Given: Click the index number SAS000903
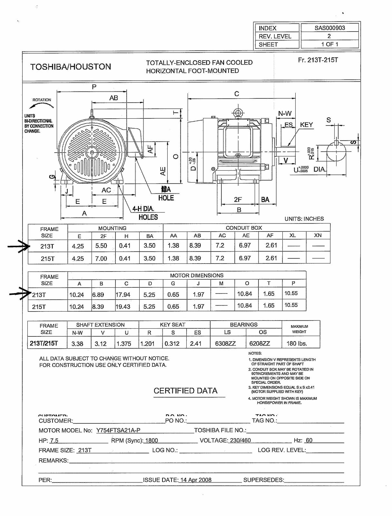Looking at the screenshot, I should coord(329,28).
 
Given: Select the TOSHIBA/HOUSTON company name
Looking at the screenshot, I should coord(71,67).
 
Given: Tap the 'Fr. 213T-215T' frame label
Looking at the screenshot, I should coord(318,60).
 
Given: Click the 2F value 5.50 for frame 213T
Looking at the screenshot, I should coord(101,246).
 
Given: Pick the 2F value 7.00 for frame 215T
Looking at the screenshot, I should coord(101,258).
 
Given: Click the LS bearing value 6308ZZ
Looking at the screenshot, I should coord(225,343).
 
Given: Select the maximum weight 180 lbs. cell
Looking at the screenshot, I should coord(297,343).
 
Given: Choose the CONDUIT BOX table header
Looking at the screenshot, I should coord(244,228).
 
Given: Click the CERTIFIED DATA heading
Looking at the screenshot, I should coord(185,391).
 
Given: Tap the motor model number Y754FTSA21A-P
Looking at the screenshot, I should coord(118,430).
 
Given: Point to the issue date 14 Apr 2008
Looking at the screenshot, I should coord(196,480).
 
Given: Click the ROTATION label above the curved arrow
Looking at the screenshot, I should coord(42,100).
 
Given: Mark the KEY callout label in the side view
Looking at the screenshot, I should coord(306,125).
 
